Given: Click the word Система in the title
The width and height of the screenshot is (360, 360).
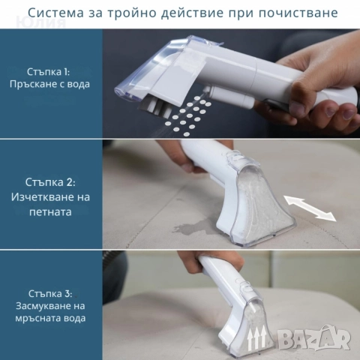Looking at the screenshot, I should click(x=52, y=13).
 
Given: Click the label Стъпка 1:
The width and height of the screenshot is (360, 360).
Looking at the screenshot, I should click(x=52, y=71).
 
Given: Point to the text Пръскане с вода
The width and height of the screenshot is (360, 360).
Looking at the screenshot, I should click(x=52, y=84).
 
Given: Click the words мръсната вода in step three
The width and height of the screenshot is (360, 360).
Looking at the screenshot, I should click(x=52, y=317).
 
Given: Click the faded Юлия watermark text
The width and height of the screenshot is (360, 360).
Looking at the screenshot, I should click(x=45, y=22).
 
